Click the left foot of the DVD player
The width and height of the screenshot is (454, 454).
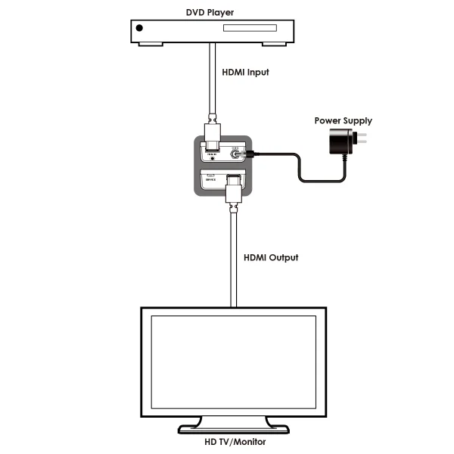(150, 44)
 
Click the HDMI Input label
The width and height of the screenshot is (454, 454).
(245, 73)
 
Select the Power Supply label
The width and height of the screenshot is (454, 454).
(343, 121)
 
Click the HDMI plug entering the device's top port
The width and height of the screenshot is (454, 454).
(214, 136)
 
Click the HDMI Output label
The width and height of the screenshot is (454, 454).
(271, 257)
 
